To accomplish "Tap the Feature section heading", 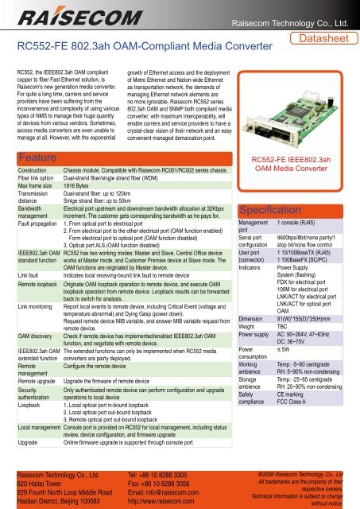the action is [x=38, y=137].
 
